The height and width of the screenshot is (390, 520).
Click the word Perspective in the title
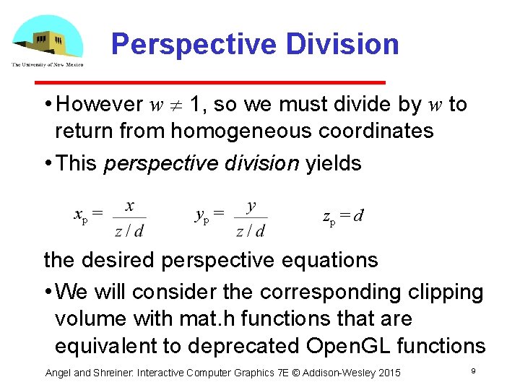(x=194, y=45)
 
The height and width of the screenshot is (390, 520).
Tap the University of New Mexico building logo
(x=46, y=40)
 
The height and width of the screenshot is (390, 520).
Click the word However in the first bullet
(x=99, y=105)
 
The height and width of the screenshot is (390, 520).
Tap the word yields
(x=334, y=163)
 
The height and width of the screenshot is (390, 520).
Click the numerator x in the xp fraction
(x=129, y=207)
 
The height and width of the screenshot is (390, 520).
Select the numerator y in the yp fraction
(x=251, y=207)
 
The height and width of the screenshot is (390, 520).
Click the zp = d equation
(x=342, y=215)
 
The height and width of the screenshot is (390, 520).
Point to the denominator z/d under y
(x=250, y=230)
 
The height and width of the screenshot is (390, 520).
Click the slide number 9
(x=472, y=370)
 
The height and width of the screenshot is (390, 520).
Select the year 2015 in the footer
(x=387, y=373)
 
